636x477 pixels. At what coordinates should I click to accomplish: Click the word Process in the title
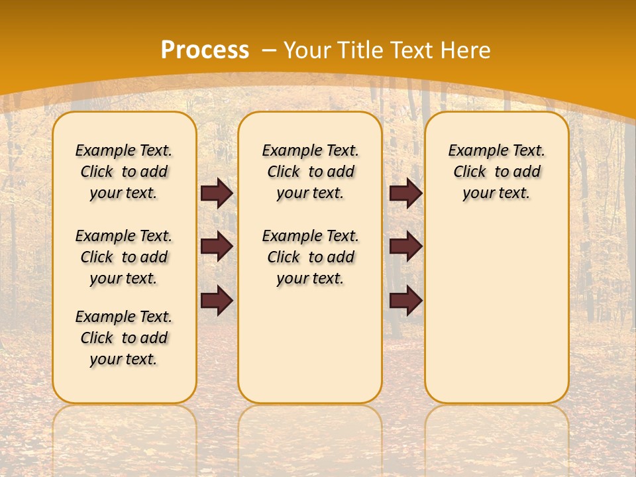(205, 50)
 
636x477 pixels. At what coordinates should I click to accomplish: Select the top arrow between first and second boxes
(217, 193)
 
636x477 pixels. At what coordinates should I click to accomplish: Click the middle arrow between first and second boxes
(217, 246)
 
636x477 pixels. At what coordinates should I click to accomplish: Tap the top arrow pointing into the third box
(405, 193)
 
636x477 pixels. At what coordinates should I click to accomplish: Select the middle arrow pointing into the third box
(405, 246)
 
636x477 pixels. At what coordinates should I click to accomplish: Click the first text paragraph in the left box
(124, 172)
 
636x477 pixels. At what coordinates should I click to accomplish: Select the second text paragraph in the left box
(124, 257)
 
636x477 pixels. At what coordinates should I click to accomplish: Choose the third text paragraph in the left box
(124, 338)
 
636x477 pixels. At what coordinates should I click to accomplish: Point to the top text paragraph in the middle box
(310, 172)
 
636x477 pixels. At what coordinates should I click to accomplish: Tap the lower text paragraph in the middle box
(310, 257)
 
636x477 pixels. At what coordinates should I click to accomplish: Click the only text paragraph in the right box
(496, 172)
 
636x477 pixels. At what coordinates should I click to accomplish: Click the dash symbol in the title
(269, 50)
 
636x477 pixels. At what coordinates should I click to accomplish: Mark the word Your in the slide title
(307, 50)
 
